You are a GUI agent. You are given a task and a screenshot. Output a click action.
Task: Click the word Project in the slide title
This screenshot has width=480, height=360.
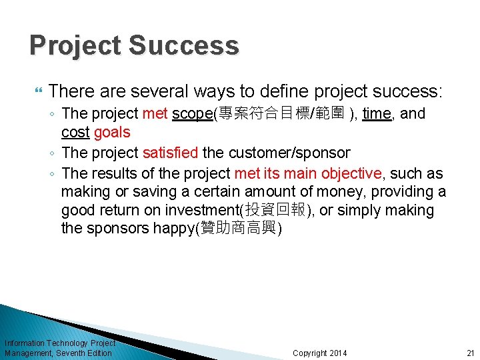coord(75,45)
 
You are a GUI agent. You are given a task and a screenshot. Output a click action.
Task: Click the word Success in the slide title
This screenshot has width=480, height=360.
coord(183,45)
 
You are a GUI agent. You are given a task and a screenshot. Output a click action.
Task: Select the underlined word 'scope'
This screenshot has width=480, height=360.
coord(192,114)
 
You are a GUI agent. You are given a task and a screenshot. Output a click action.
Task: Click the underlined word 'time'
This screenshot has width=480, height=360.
coord(377,114)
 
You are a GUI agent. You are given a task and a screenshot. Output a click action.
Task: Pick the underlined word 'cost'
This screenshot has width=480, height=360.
coord(75,132)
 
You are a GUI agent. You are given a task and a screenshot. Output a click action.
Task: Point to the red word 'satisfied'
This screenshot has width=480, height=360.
coord(170,153)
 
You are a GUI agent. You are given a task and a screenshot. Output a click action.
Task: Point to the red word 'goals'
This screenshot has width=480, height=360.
coord(112,132)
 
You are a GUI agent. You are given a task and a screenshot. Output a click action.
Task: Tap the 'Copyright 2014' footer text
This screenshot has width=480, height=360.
coord(319,353)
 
